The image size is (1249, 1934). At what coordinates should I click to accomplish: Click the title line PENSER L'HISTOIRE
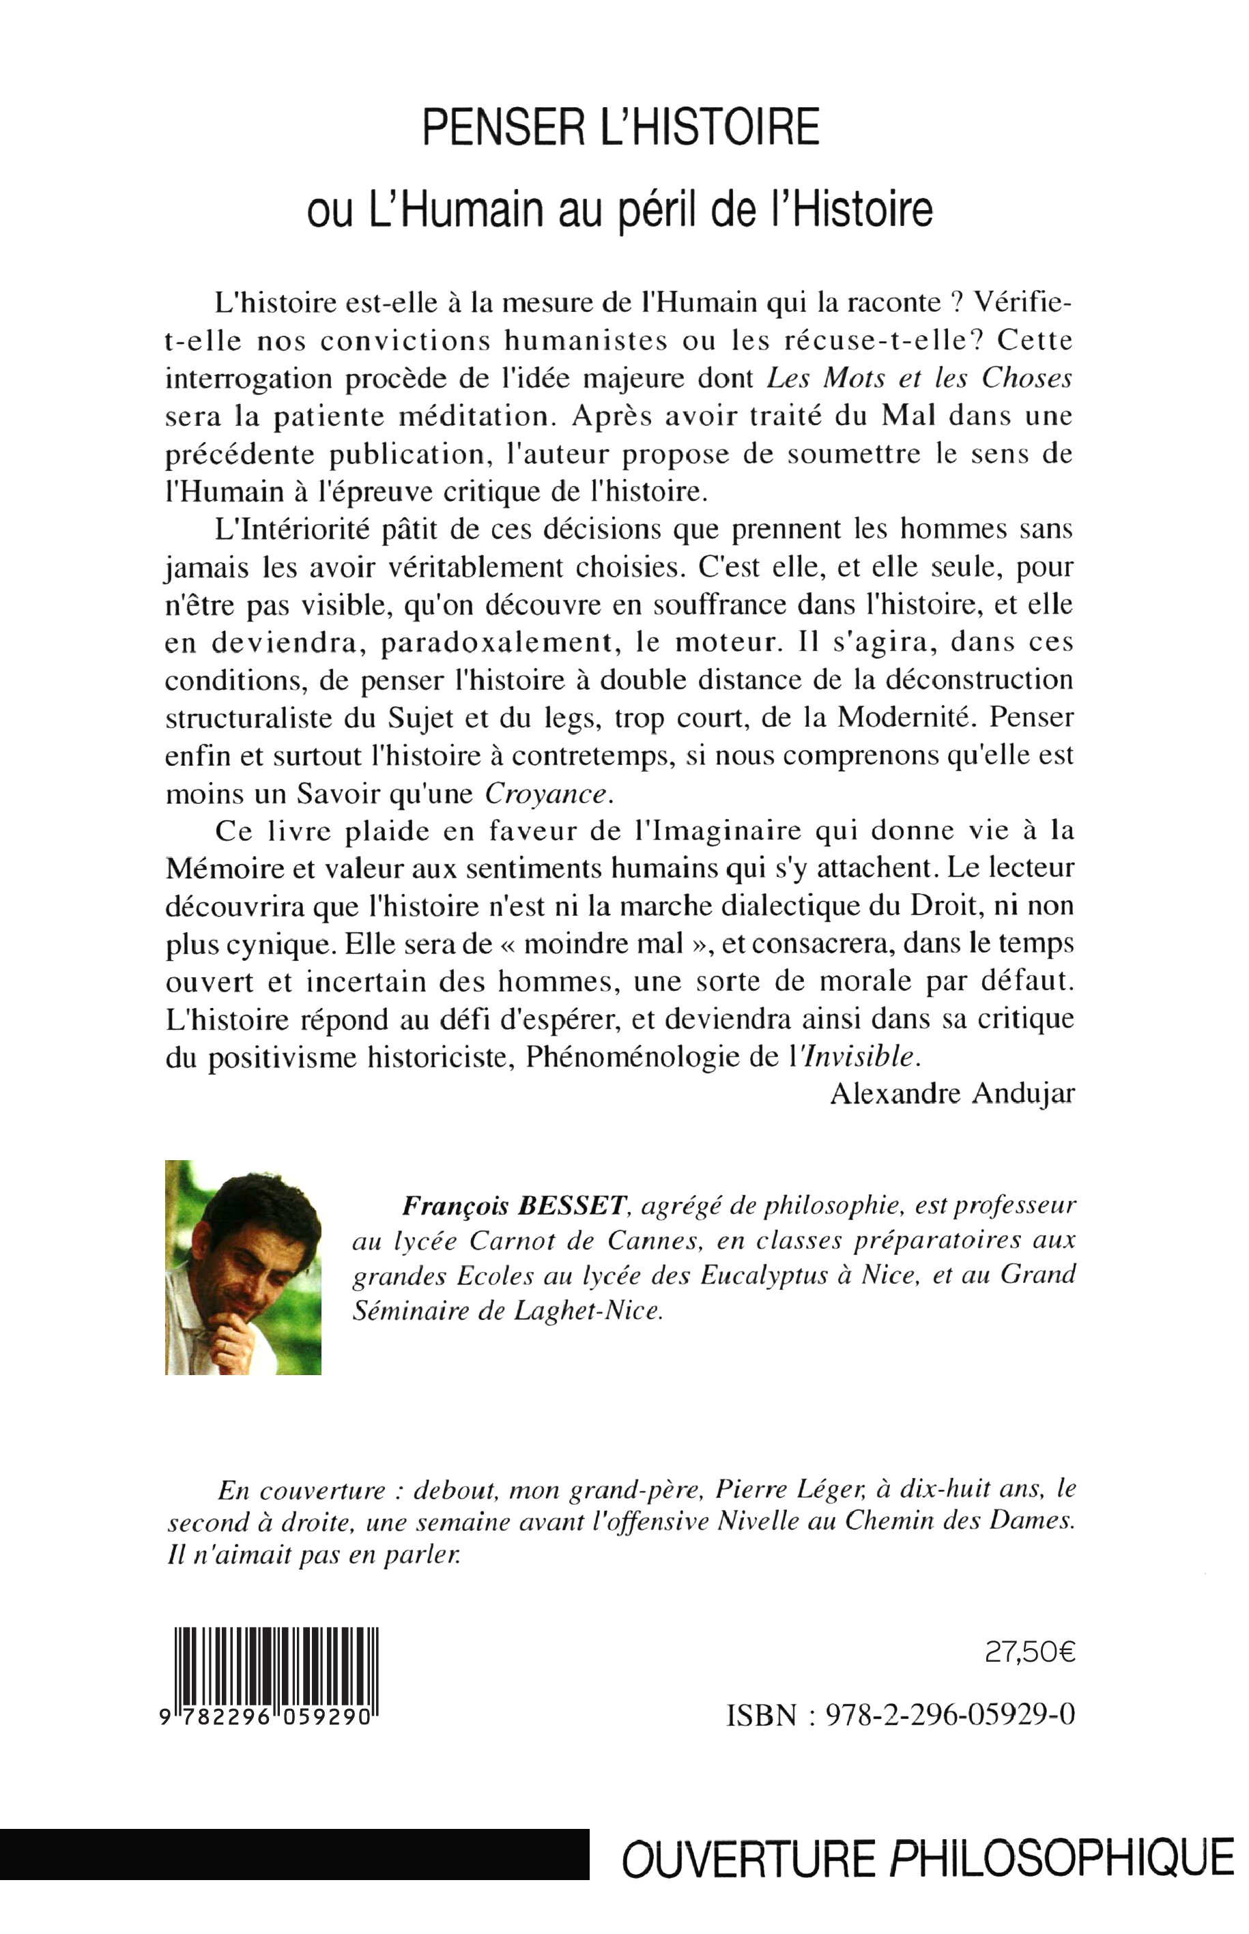click(x=621, y=128)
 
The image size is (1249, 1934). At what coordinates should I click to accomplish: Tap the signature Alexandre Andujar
click(x=952, y=1094)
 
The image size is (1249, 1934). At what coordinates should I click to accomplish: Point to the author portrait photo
click(x=243, y=1267)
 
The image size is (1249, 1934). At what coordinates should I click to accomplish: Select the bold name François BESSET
click(x=515, y=1206)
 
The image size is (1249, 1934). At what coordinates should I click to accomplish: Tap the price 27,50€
click(x=1030, y=1653)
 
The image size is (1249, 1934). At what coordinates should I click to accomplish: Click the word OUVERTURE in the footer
click(x=749, y=1856)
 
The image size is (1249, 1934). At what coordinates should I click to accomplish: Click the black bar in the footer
click(x=293, y=1855)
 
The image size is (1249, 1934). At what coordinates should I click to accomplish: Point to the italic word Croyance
click(x=547, y=794)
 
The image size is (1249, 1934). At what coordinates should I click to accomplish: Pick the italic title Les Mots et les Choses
click(x=920, y=378)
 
